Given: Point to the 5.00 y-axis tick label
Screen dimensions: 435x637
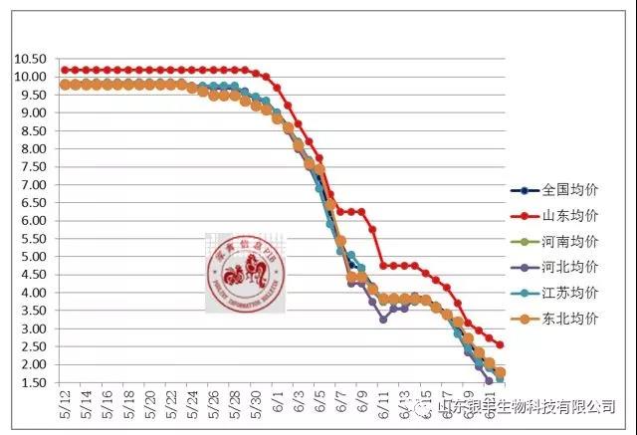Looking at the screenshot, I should (x=31, y=257).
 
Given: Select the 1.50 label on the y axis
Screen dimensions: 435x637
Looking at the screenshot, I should (x=31, y=383).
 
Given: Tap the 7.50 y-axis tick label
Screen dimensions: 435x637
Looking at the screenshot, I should (x=31, y=167).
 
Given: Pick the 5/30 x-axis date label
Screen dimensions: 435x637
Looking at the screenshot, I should (x=257, y=407).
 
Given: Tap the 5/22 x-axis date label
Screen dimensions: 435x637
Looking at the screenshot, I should (x=172, y=407).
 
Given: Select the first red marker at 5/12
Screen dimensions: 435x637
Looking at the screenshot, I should (x=65, y=70).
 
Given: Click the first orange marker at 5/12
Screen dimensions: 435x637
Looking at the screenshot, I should (x=65, y=85).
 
